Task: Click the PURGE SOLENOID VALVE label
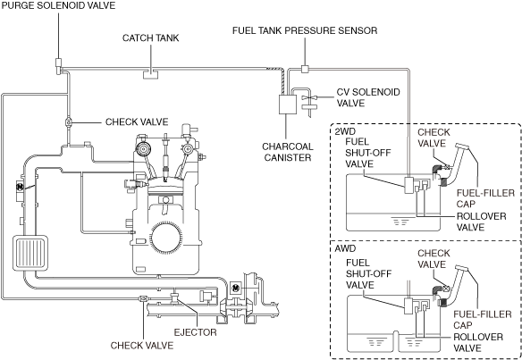pyautogui.click(x=58, y=5)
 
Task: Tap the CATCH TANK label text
pyautogui.click(x=150, y=38)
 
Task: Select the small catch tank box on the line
pyautogui.click(x=150, y=74)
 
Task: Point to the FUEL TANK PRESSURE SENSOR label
pyautogui.click(x=305, y=30)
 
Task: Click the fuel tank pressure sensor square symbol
pyautogui.click(x=305, y=69)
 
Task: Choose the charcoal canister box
pyautogui.click(x=288, y=105)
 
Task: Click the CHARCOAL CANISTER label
pyautogui.click(x=288, y=152)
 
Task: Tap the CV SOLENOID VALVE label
pyautogui.click(x=368, y=97)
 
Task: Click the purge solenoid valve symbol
pyautogui.click(x=58, y=66)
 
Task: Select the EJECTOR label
pyautogui.click(x=195, y=332)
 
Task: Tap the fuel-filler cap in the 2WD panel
pyautogui.click(x=462, y=146)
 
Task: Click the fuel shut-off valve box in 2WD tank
pyautogui.click(x=409, y=185)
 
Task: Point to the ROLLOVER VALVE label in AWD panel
pyautogui.click(x=478, y=343)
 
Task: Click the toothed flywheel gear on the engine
pyautogui.click(x=166, y=238)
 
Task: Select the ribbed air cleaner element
pyautogui.click(x=30, y=252)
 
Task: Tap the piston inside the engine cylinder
pyautogui.click(x=165, y=188)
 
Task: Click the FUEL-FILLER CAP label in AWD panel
pyautogui.click(x=483, y=320)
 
